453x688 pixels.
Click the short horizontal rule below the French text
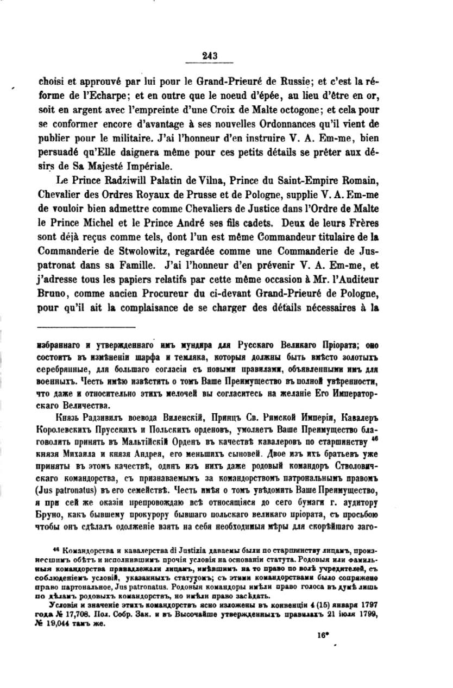86,327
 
